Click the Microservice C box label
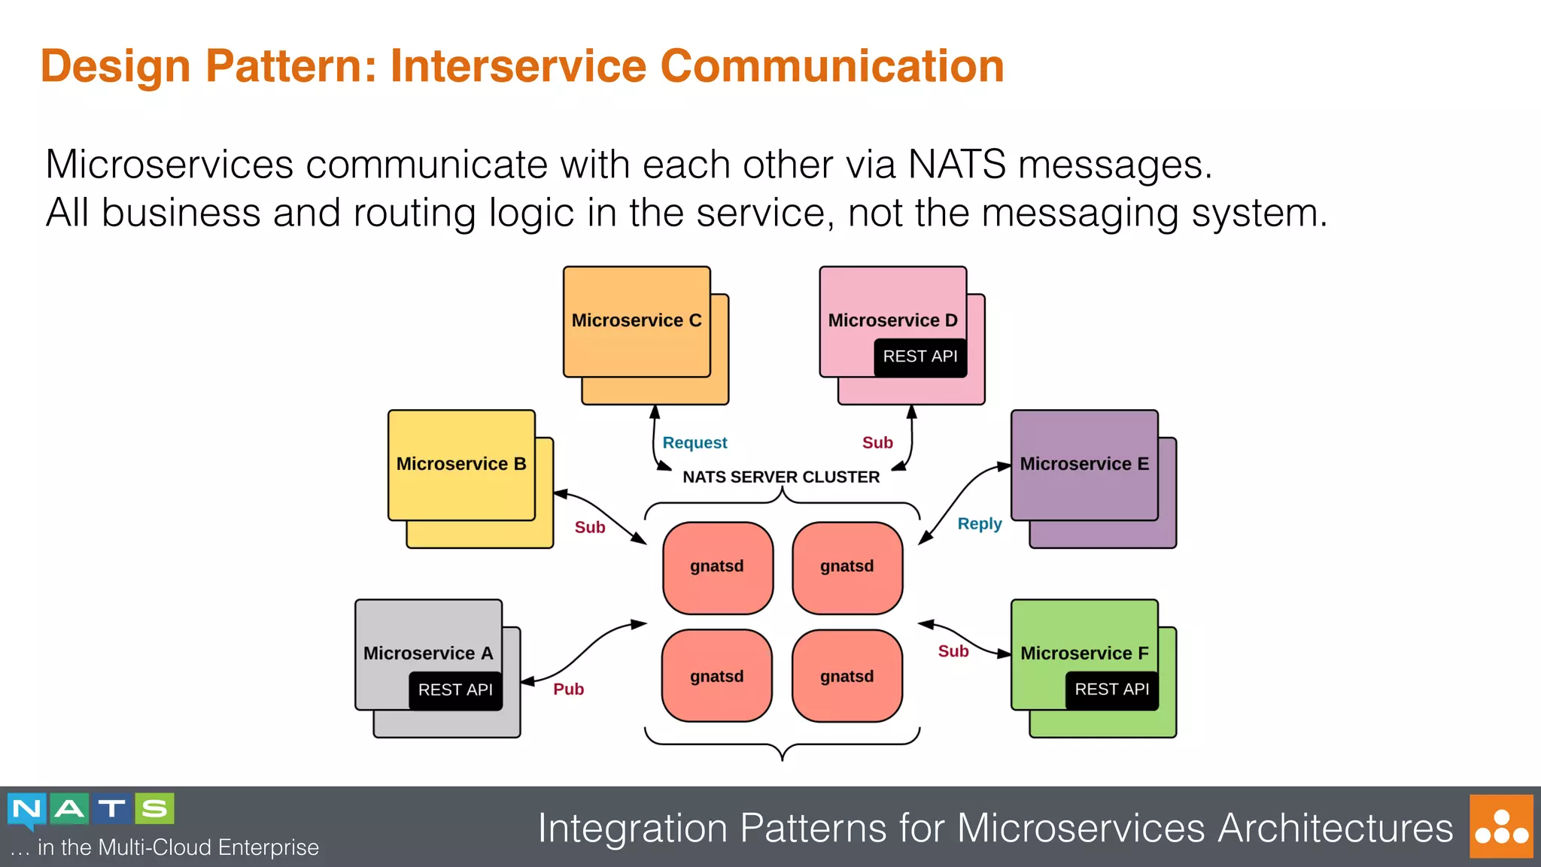click(637, 320)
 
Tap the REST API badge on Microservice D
click(919, 356)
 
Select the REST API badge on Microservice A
click(455, 690)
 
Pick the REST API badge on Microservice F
click(1111, 689)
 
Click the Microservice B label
click(461, 464)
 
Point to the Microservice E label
click(1084, 464)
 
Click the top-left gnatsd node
click(717, 567)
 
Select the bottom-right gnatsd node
click(847, 676)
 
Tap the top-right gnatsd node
click(847, 567)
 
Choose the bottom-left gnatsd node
click(717, 676)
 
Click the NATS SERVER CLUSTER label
click(781, 477)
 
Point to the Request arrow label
click(695, 443)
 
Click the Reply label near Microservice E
click(979, 524)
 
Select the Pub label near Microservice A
click(568, 689)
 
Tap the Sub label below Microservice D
click(877, 443)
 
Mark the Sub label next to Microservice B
click(590, 527)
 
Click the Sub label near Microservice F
click(953, 651)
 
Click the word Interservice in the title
click(518, 66)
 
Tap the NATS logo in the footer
click(91, 810)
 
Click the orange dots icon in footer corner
click(1501, 826)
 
